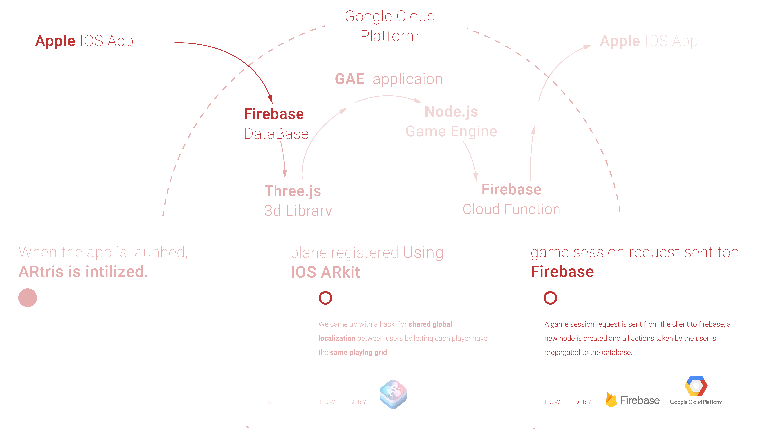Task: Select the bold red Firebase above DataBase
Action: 274,114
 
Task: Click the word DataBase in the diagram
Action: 276,134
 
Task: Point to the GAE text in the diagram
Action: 350,79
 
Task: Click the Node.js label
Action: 451,112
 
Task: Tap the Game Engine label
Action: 451,131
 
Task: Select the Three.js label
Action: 292,191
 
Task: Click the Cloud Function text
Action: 511,209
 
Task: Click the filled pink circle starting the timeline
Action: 28,298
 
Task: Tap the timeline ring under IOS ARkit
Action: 325,298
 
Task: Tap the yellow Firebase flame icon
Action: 611,400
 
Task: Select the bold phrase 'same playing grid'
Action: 358,352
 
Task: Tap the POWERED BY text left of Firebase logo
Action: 568,402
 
